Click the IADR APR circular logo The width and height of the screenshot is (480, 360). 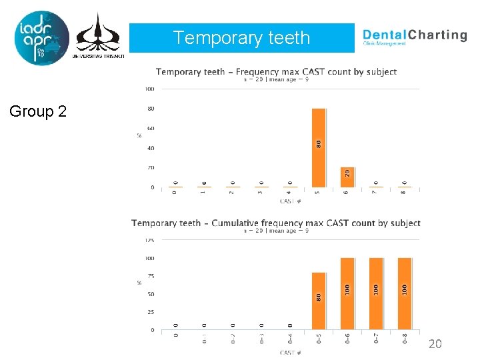click(x=41, y=38)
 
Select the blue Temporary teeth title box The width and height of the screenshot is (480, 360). click(x=241, y=38)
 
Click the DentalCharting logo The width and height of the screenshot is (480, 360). click(x=414, y=36)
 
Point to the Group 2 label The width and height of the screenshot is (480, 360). click(x=38, y=111)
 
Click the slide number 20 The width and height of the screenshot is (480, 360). click(x=435, y=344)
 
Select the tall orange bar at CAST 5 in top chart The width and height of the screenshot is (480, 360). click(x=319, y=147)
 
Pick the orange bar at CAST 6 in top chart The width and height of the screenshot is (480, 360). click(x=347, y=177)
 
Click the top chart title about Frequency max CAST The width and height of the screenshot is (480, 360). click(x=276, y=71)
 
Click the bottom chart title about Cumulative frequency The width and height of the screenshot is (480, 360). click(x=276, y=223)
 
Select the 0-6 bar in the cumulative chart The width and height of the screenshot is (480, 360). click(x=347, y=293)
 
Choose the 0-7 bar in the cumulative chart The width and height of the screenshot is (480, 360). click(x=376, y=293)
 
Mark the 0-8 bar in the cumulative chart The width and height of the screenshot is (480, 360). click(x=405, y=293)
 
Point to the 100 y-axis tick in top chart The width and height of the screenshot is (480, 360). click(x=149, y=89)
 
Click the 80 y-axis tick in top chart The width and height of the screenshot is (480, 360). click(x=151, y=109)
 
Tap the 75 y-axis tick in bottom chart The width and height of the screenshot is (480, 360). click(x=150, y=276)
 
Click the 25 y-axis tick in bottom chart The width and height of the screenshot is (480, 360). click(x=150, y=312)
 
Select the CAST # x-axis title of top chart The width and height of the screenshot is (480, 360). click(x=290, y=201)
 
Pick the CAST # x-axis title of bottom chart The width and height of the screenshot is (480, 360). click(x=290, y=352)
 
